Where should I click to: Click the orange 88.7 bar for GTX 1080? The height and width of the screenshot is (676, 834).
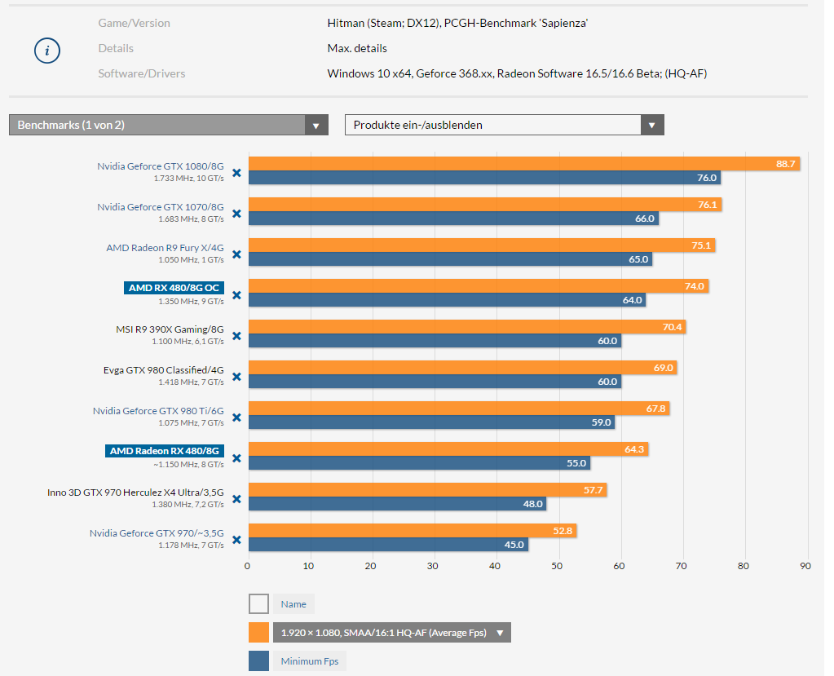pos(524,164)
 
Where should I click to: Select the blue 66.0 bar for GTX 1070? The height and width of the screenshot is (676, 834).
pos(454,219)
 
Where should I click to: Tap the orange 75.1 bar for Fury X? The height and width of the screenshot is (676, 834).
pos(482,245)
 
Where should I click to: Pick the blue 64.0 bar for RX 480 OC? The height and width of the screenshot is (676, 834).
pos(448,300)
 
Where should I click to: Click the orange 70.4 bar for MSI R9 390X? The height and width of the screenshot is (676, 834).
pos(467,326)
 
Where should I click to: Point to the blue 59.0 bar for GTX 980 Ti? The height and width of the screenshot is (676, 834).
pos(432,422)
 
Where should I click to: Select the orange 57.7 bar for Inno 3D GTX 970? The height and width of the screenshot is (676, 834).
pos(428,490)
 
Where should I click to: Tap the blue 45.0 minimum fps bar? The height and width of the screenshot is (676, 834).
pos(388,545)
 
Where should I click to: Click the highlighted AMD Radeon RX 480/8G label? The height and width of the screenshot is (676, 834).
pos(165,451)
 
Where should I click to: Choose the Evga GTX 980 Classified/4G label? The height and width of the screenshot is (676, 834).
pos(163,369)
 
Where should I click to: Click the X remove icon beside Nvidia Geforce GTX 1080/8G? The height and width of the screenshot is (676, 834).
pos(236,173)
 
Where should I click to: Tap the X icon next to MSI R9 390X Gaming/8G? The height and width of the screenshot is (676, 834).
pos(236,336)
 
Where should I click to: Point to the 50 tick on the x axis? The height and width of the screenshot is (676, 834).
pos(557,566)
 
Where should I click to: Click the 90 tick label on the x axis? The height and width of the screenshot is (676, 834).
pos(805,566)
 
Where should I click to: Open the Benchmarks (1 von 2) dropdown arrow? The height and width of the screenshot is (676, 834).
pos(316,126)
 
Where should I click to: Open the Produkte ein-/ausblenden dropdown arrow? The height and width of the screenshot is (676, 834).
pos(652,126)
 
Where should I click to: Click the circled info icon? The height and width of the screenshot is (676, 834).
pos(47,51)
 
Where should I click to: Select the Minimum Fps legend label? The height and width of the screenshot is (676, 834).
pos(310,661)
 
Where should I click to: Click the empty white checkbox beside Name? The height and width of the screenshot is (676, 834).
pos(258,604)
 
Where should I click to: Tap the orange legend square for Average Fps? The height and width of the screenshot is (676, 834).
pos(258,633)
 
